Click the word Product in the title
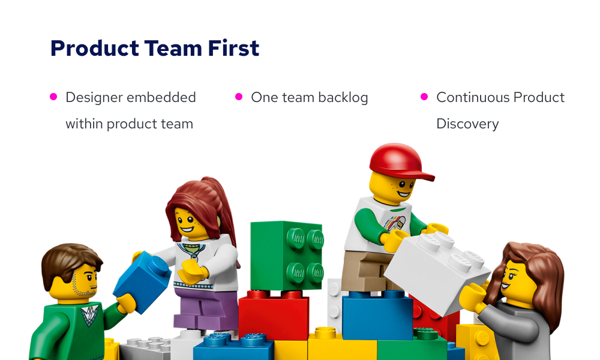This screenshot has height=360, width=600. pos(95,48)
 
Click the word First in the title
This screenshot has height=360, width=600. pos(233,48)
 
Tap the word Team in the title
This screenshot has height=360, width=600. pos(173,48)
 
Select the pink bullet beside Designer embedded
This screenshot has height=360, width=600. pos(53,97)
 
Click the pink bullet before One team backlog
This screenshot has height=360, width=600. pos(239,97)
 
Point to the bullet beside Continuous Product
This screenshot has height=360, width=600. pos(424,97)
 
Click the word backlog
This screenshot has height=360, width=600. pos(343,98)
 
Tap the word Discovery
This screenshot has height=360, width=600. pos(467,124)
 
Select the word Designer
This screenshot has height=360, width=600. pos(94,98)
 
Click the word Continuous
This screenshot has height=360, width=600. pos(472,97)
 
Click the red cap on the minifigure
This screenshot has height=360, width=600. pos(400,161)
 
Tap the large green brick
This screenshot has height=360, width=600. pos(287,256)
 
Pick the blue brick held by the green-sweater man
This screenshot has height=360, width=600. pos(142,281)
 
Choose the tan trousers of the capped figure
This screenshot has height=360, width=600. pos(363,271)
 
